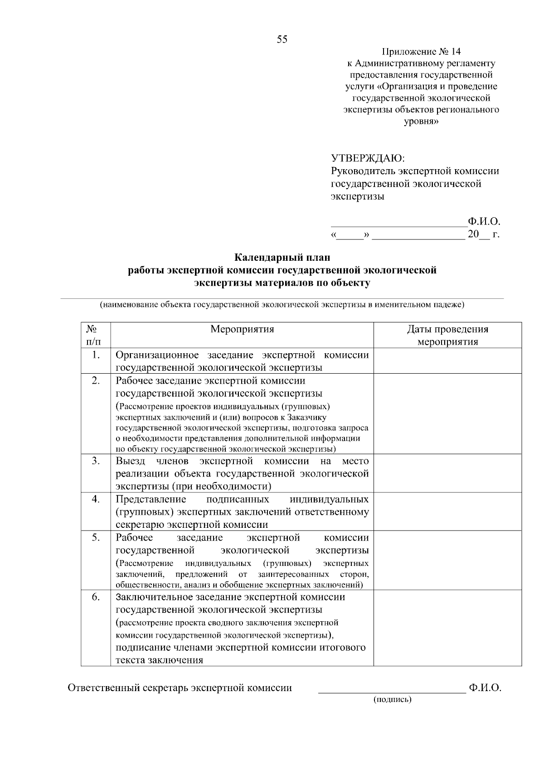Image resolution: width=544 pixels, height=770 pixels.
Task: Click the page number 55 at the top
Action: tap(282, 39)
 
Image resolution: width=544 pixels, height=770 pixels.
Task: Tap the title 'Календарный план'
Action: tap(282, 258)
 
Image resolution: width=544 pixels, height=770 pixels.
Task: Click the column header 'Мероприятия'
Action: tap(242, 329)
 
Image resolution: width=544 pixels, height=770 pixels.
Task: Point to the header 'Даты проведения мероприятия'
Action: tap(447, 335)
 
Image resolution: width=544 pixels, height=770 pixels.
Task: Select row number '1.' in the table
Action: tap(96, 355)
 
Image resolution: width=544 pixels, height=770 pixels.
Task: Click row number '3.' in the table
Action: tap(96, 461)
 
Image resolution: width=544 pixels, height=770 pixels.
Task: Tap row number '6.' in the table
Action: tap(96, 597)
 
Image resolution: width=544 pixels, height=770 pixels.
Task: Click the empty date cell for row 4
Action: tap(447, 512)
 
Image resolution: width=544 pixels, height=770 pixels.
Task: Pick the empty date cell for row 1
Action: tap(447, 361)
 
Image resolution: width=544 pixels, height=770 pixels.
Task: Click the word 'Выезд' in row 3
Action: tap(130, 461)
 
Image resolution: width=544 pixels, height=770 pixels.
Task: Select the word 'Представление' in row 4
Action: tap(151, 499)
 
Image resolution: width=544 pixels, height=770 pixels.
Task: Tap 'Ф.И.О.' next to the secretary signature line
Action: tap(485, 688)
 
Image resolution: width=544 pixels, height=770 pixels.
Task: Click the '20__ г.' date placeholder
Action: tap(483, 234)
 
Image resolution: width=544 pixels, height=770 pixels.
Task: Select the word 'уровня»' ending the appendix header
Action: tap(421, 122)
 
